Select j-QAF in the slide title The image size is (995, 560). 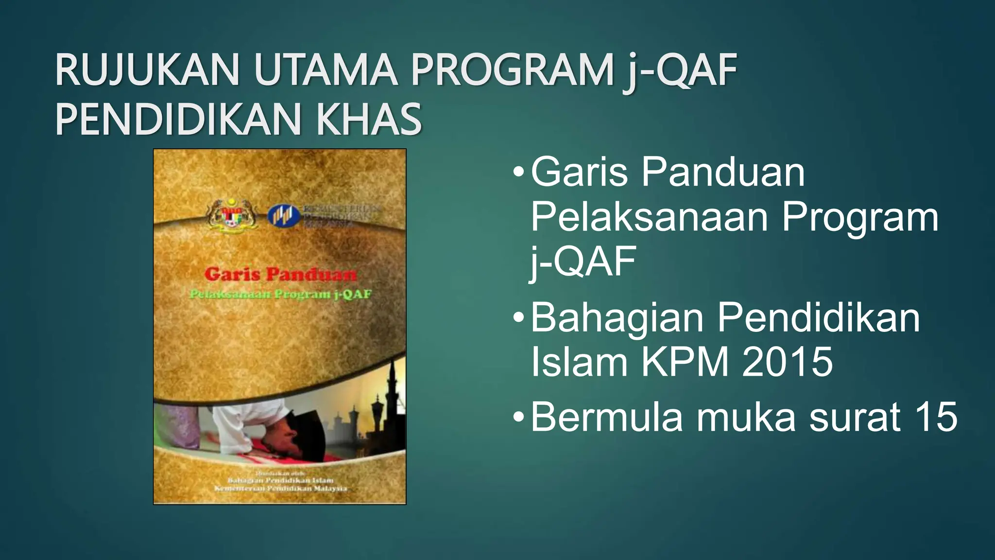[x=680, y=72]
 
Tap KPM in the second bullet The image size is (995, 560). [x=685, y=362]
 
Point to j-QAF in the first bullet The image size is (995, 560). [x=583, y=262]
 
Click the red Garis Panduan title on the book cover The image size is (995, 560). [x=280, y=275]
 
